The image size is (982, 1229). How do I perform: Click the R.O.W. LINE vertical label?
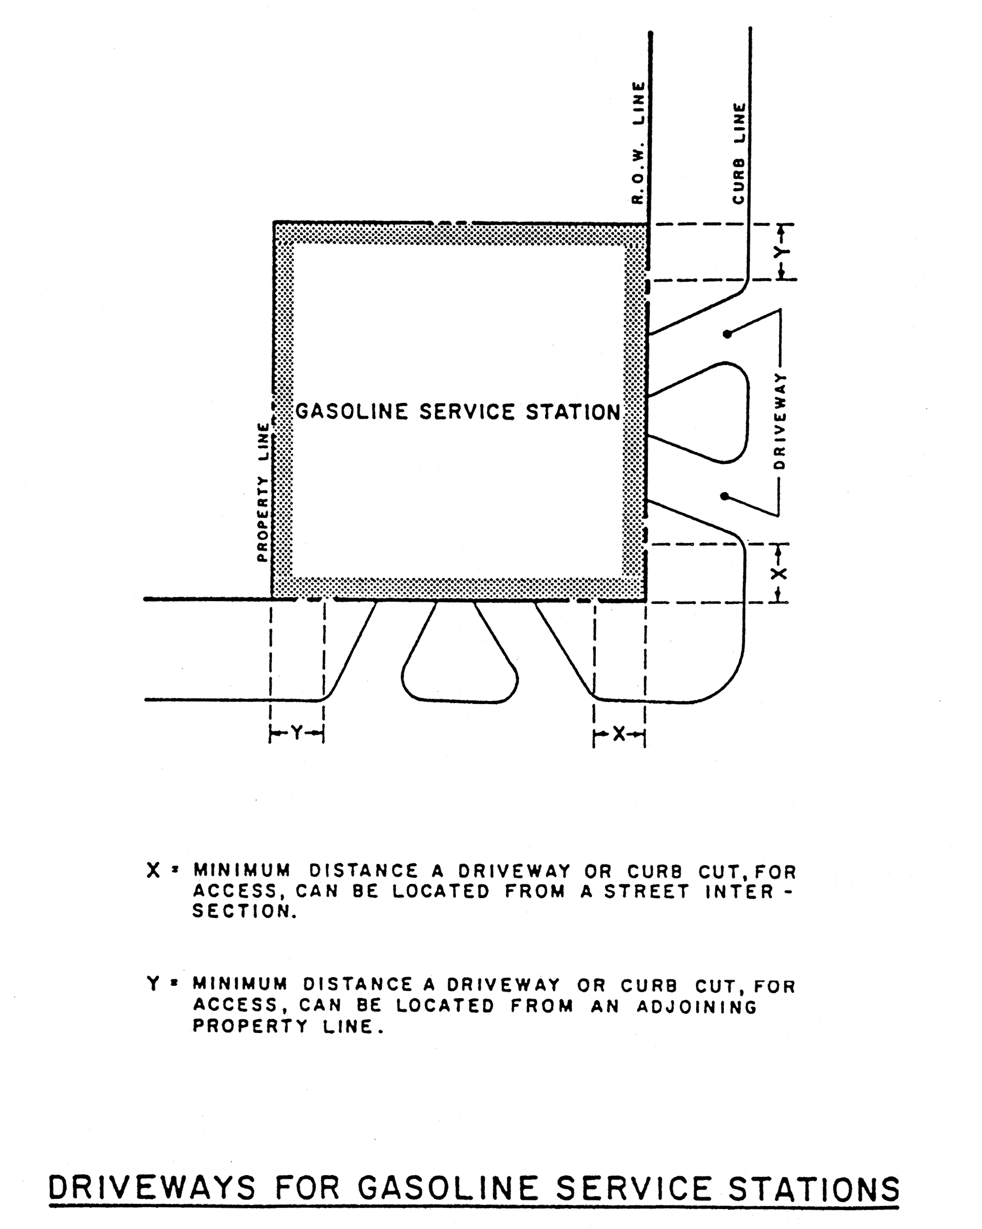click(x=639, y=142)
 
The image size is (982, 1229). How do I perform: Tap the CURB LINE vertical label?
click(x=739, y=153)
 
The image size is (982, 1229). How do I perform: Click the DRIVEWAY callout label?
click(x=780, y=421)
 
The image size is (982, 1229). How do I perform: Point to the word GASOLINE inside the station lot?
click(x=351, y=411)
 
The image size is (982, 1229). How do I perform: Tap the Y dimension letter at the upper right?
click(x=782, y=251)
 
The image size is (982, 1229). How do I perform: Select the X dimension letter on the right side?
click(x=779, y=573)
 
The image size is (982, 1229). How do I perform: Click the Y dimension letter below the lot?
click(x=297, y=733)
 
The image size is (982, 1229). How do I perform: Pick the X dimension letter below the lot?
click(x=619, y=734)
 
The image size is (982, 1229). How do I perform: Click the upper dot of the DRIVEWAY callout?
click(x=727, y=334)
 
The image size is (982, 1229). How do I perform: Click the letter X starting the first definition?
click(x=153, y=871)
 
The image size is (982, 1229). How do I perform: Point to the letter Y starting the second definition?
click(x=153, y=983)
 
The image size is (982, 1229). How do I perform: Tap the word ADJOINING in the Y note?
click(x=696, y=1007)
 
